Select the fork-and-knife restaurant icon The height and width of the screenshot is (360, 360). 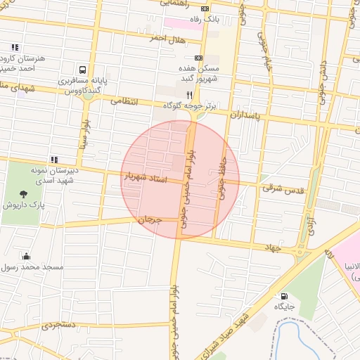click(169, 94)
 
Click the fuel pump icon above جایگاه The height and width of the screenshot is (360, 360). click(284, 296)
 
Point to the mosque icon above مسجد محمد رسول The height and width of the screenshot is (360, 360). click(27, 256)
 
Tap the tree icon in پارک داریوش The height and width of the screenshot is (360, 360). click(23, 193)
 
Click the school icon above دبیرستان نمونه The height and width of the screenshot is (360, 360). click(54, 160)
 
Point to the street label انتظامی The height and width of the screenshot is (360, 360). click(127, 101)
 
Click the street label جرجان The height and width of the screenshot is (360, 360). click(150, 220)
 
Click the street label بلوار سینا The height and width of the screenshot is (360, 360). click(85, 134)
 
